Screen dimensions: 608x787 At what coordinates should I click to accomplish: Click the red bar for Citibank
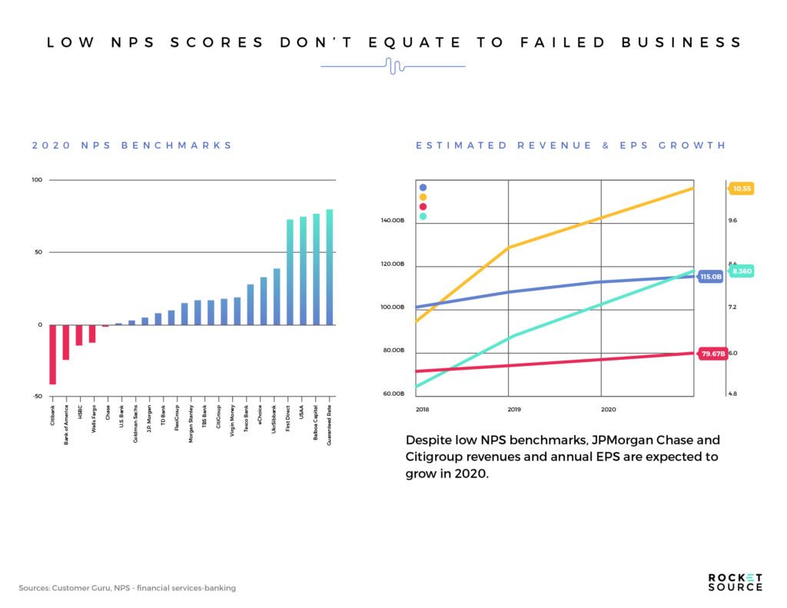point(52,354)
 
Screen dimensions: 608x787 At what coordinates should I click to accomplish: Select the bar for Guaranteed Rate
point(330,267)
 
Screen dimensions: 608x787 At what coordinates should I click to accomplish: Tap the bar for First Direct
point(290,272)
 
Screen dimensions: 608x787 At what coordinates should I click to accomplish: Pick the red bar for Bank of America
point(66,342)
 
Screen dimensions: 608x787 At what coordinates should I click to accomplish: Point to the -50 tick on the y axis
point(36,397)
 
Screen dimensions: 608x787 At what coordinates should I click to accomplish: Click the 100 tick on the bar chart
point(36,181)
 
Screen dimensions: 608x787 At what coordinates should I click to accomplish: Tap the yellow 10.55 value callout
point(742,188)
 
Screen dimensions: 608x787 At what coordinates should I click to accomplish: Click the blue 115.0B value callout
point(711,277)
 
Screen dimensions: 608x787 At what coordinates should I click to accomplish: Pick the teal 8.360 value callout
point(742,271)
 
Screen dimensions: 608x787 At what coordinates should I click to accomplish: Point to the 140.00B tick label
point(393,221)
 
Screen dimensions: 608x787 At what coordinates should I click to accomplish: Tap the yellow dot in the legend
point(423,197)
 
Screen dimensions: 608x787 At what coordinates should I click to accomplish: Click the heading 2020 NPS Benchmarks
point(131,145)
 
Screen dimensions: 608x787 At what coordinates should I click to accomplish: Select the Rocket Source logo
point(735,582)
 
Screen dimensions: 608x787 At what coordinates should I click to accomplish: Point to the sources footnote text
point(127,588)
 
